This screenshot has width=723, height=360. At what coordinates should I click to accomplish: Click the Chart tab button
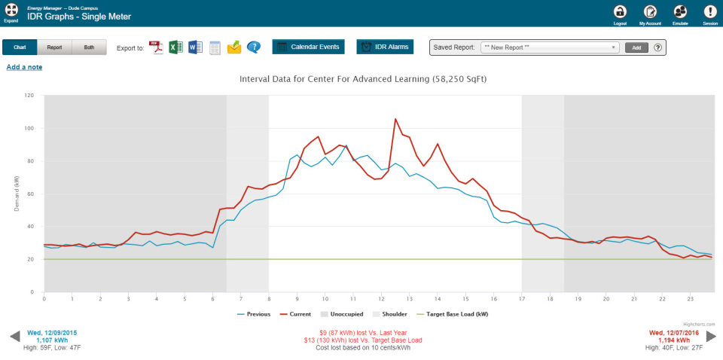point(20,47)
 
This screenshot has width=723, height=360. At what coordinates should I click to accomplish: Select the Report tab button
point(54,47)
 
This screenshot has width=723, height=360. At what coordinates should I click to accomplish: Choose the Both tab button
point(89,47)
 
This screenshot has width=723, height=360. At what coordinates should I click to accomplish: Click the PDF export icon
point(157,47)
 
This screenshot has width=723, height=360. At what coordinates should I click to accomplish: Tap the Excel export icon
point(175,47)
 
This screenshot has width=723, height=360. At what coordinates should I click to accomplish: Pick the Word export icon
point(195,47)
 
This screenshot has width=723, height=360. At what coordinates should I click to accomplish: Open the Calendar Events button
point(308,47)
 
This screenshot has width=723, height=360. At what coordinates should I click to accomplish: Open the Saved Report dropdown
point(550,47)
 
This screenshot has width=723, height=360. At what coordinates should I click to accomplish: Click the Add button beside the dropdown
point(636,47)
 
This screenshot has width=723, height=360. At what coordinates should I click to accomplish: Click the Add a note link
point(24,67)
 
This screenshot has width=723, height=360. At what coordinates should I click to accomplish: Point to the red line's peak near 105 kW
point(395,118)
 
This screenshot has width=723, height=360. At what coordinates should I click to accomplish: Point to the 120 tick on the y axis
point(29,96)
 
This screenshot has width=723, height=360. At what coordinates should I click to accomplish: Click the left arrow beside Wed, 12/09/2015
point(14,336)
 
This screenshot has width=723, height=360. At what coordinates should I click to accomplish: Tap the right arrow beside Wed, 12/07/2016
point(709,336)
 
